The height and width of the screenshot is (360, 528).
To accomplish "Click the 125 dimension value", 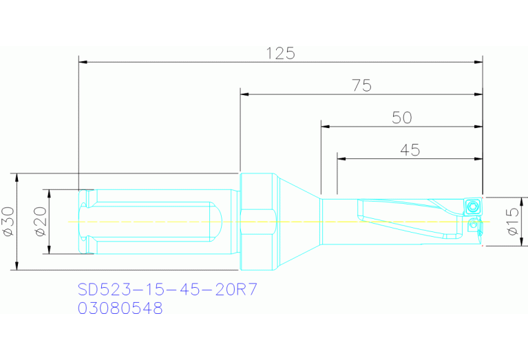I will (281, 53).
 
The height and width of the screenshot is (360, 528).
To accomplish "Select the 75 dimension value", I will (361, 85).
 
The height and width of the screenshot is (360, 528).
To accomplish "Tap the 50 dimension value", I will (401, 118).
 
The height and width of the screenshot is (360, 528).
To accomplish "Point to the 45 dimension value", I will (410, 150).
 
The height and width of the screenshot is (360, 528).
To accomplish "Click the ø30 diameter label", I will (9, 222).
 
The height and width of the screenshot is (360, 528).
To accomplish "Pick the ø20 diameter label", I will (40, 222).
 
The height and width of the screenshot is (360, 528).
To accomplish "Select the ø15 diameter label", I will (512, 222).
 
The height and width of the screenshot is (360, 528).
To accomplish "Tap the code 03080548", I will (120, 308).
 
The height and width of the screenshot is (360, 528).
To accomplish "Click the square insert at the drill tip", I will (472, 205).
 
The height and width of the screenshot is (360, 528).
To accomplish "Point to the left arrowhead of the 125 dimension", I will (83, 62).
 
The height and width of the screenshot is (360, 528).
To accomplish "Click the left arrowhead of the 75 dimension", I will (244, 94).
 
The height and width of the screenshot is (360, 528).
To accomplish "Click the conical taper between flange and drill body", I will (299, 221).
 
